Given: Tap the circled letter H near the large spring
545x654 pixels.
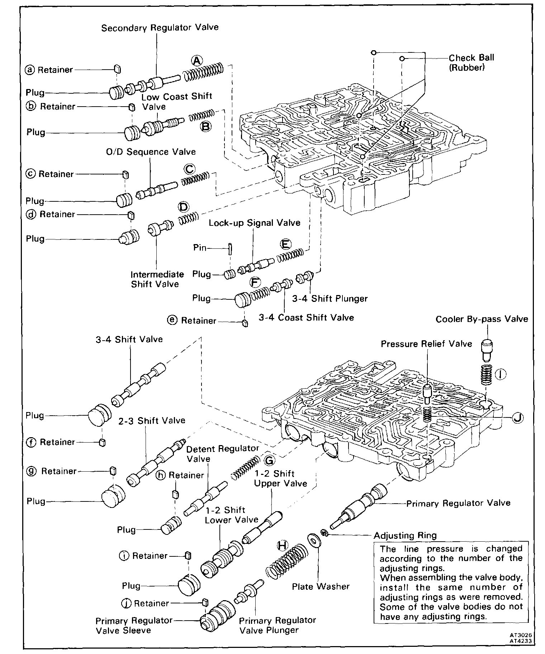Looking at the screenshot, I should (x=283, y=546).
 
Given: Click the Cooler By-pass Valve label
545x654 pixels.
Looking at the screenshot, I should (x=482, y=319).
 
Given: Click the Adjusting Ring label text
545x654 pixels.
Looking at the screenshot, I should (x=405, y=536).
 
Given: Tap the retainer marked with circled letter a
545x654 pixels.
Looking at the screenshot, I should (x=117, y=69).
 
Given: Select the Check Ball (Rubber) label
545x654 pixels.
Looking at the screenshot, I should (x=471, y=62).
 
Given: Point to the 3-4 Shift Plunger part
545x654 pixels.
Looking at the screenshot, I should (x=305, y=277).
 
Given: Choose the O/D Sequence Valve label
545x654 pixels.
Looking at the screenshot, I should (x=151, y=152).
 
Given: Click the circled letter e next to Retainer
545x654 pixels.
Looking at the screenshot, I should (x=173, y=320).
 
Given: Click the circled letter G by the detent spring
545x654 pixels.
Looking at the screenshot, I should (x=269, y=461).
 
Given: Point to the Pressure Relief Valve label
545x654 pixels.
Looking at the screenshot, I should (x=426, y=344).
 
